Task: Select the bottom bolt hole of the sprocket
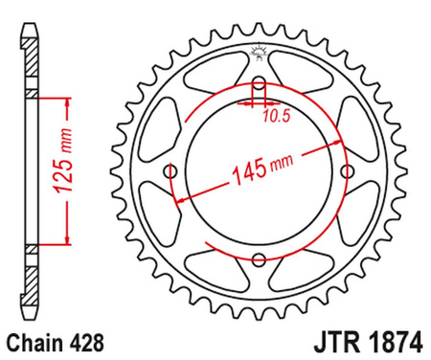tap(258, 258)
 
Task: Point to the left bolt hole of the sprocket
tap(171, 171)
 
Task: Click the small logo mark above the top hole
tap(257, 52)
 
